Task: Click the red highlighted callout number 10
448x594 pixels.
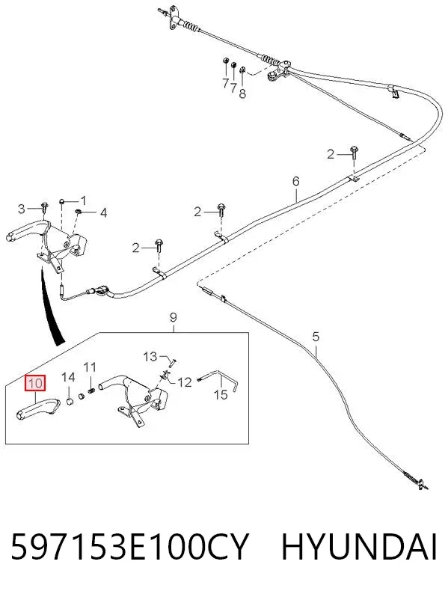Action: tap(35, 383)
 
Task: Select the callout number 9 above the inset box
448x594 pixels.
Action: tap(174, 317)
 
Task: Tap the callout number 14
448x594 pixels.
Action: tap(69, 377)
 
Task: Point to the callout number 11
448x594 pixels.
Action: tap(90, 367)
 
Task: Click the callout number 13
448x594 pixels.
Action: tap(150, 357)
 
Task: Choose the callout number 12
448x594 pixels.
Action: tap(185, 382)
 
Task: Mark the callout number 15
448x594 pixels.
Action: tap(221, 395)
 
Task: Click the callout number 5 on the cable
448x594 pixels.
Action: tap(316, 337)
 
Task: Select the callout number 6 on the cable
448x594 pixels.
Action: tap(295, 181)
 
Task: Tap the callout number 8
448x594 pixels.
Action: tap(242, 94)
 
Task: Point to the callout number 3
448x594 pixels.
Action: tap(22, 209)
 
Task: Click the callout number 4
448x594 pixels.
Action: tap(103, 213)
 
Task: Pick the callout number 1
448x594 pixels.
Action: tap(83, 200)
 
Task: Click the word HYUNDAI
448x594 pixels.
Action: tap(359, 547)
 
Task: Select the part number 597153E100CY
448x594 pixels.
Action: tap(130, 547)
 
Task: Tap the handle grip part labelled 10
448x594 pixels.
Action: tap(37, 408)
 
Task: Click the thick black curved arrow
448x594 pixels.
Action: tap(50, 307)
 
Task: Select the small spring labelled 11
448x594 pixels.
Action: tap(91, 391)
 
